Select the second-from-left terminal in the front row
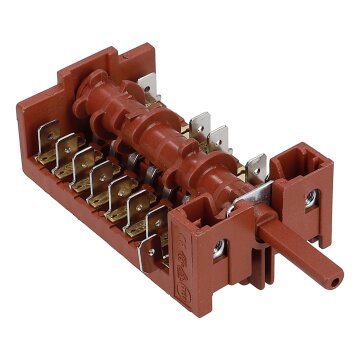coord(66,152)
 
